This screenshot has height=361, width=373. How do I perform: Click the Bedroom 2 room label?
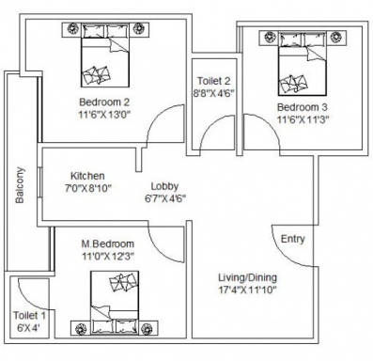point(104,102)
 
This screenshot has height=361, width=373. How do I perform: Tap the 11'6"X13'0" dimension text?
point(104,114)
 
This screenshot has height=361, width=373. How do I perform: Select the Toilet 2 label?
point(213,81)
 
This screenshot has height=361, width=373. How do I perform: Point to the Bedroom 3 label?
point(303,107)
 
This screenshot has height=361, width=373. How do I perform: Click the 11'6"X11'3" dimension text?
point(303,119)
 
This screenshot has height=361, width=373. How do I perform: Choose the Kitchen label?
point(87,176)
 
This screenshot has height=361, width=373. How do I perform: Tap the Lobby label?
point(164,186)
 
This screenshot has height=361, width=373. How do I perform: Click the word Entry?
point(293,239)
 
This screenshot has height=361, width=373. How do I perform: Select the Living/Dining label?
point(247,277)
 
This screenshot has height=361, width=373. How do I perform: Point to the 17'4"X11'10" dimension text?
point(247,290)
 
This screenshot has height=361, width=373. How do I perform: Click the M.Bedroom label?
point(108,243)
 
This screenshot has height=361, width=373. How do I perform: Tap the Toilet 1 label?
point(29,316)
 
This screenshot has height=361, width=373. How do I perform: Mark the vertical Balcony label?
point(20,185)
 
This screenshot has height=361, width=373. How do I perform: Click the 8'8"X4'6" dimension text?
point(213,93)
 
